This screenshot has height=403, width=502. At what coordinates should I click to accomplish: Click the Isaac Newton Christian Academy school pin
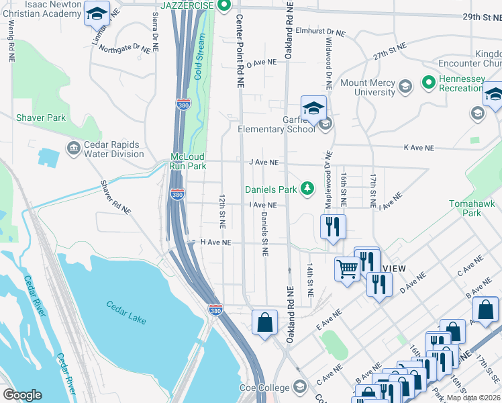coord(97,14)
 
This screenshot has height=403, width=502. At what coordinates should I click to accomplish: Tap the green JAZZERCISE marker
coord(223,6)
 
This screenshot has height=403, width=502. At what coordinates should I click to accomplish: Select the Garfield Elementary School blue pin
coord(313,108)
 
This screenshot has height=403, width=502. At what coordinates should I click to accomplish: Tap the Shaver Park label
coord(41,118)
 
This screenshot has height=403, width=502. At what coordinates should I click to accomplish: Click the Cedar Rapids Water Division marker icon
coord(72,146)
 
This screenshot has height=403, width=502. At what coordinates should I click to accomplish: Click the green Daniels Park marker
coord(307,189)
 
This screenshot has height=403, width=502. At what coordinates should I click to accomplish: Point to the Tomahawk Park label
coord(475,208)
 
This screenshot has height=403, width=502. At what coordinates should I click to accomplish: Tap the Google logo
coord(22,395)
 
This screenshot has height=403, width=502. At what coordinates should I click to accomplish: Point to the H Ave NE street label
coord(215,242)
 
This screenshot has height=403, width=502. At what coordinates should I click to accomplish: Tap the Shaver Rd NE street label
coord(115,197)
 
